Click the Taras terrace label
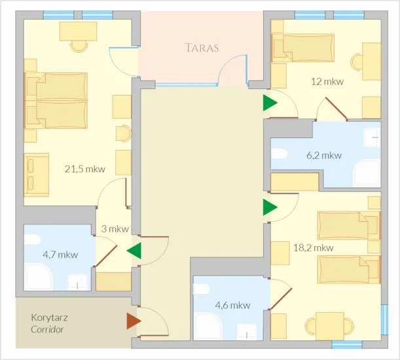click(x=202, y=48)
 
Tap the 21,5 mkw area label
click(x=85, y=169)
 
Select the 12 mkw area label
click(x=327, y=82)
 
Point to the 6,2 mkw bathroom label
click(x=324, y=155)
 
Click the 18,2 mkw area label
click(x=314, y=247)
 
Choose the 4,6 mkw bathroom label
click(x=232, y=305)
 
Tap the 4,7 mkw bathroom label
click(x=60, y=255)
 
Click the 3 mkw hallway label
click(x=115, y=229)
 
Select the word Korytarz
click(x=50, y=318)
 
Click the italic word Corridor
click(x=47, y=329)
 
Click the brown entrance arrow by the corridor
click(x=134, y=321)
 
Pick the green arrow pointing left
click(x=134, y=251)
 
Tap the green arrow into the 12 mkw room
click(x=270, y=103)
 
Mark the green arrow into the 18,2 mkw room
click(x=270, y=207)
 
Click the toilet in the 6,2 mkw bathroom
click(x=279, y=154)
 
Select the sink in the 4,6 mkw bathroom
click(x=246, y=332)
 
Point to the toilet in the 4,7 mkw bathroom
click(x=32, y=240)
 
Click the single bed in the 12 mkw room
click(x=303, y=48)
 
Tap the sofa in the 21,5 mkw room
click(x=37, y=175)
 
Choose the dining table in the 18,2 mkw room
click(x=330, y=326)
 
